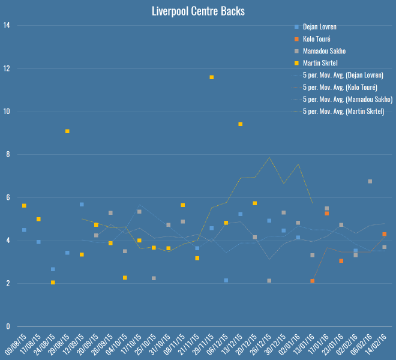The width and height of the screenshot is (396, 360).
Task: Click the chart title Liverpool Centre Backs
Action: point(198,11)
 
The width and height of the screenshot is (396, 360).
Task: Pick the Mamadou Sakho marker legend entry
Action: point(324,51)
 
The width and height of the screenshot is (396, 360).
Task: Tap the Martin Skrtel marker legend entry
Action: point(322,63)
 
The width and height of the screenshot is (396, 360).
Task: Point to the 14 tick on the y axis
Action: point(7,26)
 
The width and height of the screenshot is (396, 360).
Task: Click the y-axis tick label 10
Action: point(7,112)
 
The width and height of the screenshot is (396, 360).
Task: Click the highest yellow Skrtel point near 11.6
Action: point(212,77)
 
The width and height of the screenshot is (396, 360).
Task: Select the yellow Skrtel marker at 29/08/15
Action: point(67,131)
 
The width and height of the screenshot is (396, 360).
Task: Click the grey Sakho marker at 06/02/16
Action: point(370,181)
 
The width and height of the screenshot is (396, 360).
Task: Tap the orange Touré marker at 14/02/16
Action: point(385,234)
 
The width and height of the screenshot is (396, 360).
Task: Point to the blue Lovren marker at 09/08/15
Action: point(24,230)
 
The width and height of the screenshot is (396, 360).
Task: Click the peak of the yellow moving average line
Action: point(269,157)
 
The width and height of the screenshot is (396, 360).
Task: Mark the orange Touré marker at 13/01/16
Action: point(313,281)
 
